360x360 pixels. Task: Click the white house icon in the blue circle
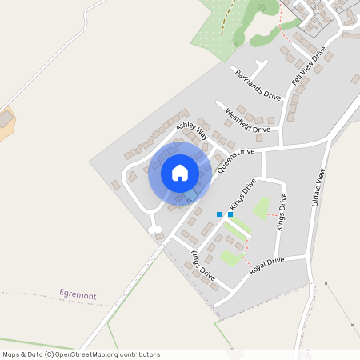180,173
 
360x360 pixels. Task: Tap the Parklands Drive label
257,83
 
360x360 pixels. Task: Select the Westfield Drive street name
248,120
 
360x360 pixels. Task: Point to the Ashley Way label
192,130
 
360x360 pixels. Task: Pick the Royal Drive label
266,266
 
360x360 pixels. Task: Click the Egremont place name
78,296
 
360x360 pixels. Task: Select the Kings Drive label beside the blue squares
242,193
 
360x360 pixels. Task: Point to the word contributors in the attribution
137,354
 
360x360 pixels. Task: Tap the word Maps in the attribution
11,354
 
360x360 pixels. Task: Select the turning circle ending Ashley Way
154,230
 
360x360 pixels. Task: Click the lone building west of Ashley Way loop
115,185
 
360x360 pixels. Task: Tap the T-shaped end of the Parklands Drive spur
260,62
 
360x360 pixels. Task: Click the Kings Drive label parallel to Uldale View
282,212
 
